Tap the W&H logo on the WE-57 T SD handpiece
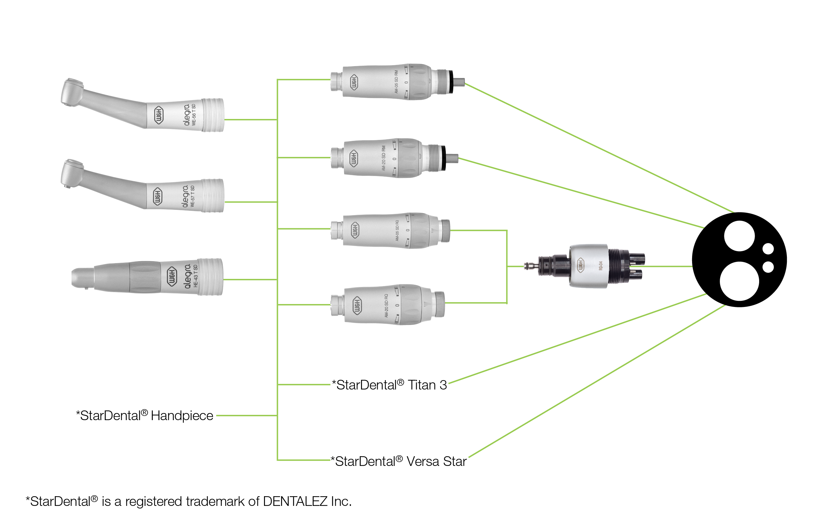(x=158, y=197)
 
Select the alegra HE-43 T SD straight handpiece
(x=147, y=277)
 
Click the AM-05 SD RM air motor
(x=390, y=82)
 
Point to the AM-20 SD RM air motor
(x=387, y=158)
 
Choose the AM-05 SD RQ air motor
(x=390, y=231)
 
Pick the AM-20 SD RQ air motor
(x=387, y=305)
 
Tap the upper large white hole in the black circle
(x=739, y=236)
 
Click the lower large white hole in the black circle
(x=739, y=281)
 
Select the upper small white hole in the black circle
(x=768, y=249)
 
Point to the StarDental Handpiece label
(x=144, y=416)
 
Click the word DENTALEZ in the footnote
(x=295, y=501)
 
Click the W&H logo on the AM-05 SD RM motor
(x=354, y=83)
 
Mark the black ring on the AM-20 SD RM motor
(x=444, y=158)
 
